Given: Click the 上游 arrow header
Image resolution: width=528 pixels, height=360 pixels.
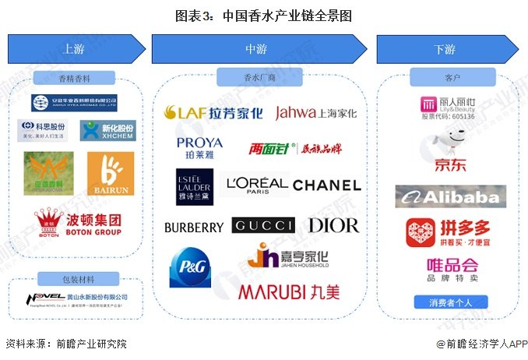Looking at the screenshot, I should click(x=76, y=49).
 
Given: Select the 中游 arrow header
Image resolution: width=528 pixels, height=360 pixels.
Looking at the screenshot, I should click(x=262, y=49).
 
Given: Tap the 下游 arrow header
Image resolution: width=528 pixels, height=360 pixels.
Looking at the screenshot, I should click(x=445, y=49).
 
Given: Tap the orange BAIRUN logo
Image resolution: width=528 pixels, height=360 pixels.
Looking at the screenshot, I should click(x=110, y=174).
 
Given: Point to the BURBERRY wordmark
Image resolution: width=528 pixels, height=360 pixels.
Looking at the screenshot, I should click(x=194, y=227).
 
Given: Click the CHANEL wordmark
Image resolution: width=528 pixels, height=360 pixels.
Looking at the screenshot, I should click(x=326, y=185).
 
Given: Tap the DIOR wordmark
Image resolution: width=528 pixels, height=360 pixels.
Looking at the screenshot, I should click(x=333, y=226).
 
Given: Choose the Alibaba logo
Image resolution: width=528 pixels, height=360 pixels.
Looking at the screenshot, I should click(x=449, y=197).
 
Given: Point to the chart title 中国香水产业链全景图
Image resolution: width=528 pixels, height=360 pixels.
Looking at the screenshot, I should click(x=263, y=14).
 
